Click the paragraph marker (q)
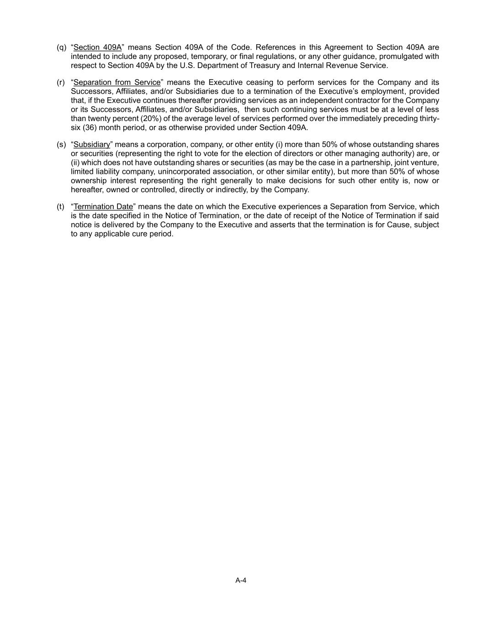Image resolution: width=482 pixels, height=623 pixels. tap(61, 47)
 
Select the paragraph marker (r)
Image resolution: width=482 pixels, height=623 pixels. tap(61, 83)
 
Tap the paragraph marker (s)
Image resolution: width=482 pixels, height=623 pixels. tap(61, 145)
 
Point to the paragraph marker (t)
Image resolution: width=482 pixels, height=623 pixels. tap(60, 207)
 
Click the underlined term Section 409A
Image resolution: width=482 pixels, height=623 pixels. tap(97, 47)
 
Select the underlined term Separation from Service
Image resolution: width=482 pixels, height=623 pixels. tap(117, 83)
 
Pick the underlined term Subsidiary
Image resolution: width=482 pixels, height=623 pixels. tap(92, 145)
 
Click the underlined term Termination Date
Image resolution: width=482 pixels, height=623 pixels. tap(103, 207)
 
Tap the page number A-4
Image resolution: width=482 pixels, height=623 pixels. tap(241, 581)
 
